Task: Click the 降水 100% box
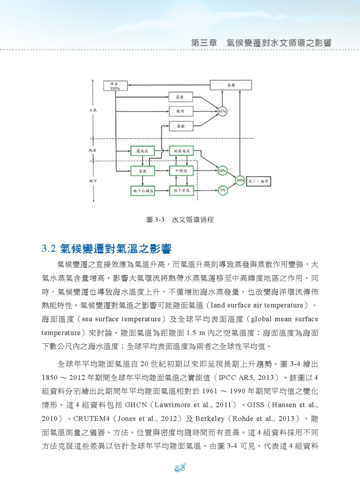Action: [x=115, y=86]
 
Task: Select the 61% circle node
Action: [x=222, y=111]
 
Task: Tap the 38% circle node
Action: [x=222, y=171]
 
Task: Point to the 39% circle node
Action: [x=240, y=181]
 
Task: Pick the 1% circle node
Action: [x=223, y=190]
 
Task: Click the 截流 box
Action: [x=181, y=111]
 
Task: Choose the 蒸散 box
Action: [x=181, y=126]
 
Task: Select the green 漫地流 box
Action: [x=142, y=151]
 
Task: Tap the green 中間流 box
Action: [x=181, y=171]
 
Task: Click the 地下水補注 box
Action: [x=142, y=191]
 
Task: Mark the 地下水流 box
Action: [x=181, y=190]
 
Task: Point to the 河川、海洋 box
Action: [x=258, y=181]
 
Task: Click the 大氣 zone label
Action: [x=93, y=110]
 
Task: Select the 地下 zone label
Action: [x=93, y=181]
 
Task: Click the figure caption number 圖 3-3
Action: [x=155, y=220]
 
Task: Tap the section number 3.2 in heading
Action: [x=49, y=249]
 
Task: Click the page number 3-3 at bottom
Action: [x=180, y=468]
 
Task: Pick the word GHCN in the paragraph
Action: [x=136, y=405]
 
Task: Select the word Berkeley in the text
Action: [x=210, y=419]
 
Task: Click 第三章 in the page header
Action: [x=204, y=43]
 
